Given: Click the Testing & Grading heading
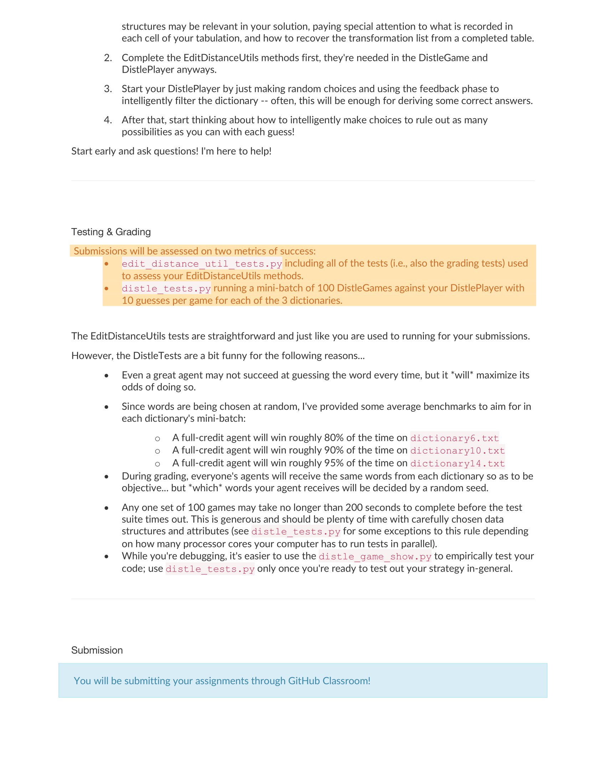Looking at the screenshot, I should click(x=111, y=232).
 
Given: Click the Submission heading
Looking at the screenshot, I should click(x=97, y=650).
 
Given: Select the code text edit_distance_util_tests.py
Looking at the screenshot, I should click(x=202, y=264).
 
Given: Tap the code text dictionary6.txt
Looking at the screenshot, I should click(x=454, y=438).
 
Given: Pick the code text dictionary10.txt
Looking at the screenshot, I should click(x=457, y=450).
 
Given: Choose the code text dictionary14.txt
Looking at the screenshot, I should click(x=457, y=463).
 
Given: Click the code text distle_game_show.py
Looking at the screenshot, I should click(x=375, y=556).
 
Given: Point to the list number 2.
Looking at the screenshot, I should click(x=108, y=58).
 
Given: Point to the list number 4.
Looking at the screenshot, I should click(x=108, y=120).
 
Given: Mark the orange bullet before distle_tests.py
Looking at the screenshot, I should click(x=106, y=288).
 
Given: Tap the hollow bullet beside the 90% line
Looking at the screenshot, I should click(x=157, y=451).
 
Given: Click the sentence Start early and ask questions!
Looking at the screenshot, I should click(x=135, y=151).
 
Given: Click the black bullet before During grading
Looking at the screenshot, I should click(x=106, y=477).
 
